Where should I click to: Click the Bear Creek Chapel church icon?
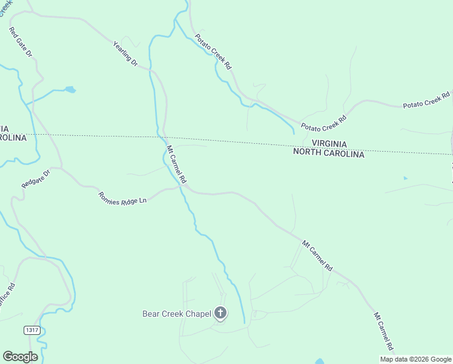click(x=220, y=313)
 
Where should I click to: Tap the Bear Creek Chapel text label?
click(x=176, y=314)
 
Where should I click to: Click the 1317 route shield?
click(x=33, y=330)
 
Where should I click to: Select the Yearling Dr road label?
click(x=126, y=53)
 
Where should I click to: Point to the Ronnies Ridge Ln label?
click(x=123, y=198)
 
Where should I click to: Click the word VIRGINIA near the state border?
click(x=329, y=144)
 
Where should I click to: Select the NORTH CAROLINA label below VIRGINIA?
click(x=328, y=154)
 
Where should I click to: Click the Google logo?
click(x=20, y=357)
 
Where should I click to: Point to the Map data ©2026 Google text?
click(x=415, y=359)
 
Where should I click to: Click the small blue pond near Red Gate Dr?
click(x=70, y=90)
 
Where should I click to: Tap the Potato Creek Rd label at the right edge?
click(x=428, y=101)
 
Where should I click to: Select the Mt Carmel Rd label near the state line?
click(x=176, y=164)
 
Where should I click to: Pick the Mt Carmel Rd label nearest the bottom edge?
click(x=384, y=332)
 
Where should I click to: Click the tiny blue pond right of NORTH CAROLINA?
click(x=405, y=178)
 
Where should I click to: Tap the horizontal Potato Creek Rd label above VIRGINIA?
click(x=323, y=123)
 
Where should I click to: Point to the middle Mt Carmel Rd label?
click(x=318, y=255)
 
